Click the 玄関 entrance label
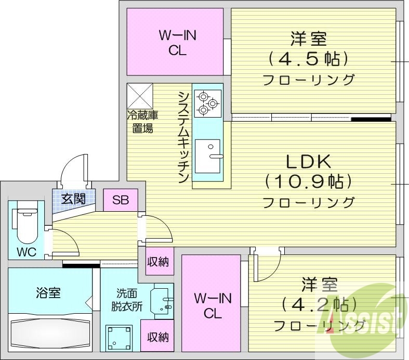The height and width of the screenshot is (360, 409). tap(73, 198)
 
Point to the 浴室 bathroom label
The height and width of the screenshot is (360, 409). tap(49, 293)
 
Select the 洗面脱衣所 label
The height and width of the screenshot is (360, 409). tap(126, 300)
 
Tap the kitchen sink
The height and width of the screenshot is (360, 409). tap(207, 156)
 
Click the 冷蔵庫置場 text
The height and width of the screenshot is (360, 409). tap(141, 122)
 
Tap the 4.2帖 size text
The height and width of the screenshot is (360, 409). tap(319, 304)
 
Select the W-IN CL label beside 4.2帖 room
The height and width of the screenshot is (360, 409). tap(212, 305)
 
